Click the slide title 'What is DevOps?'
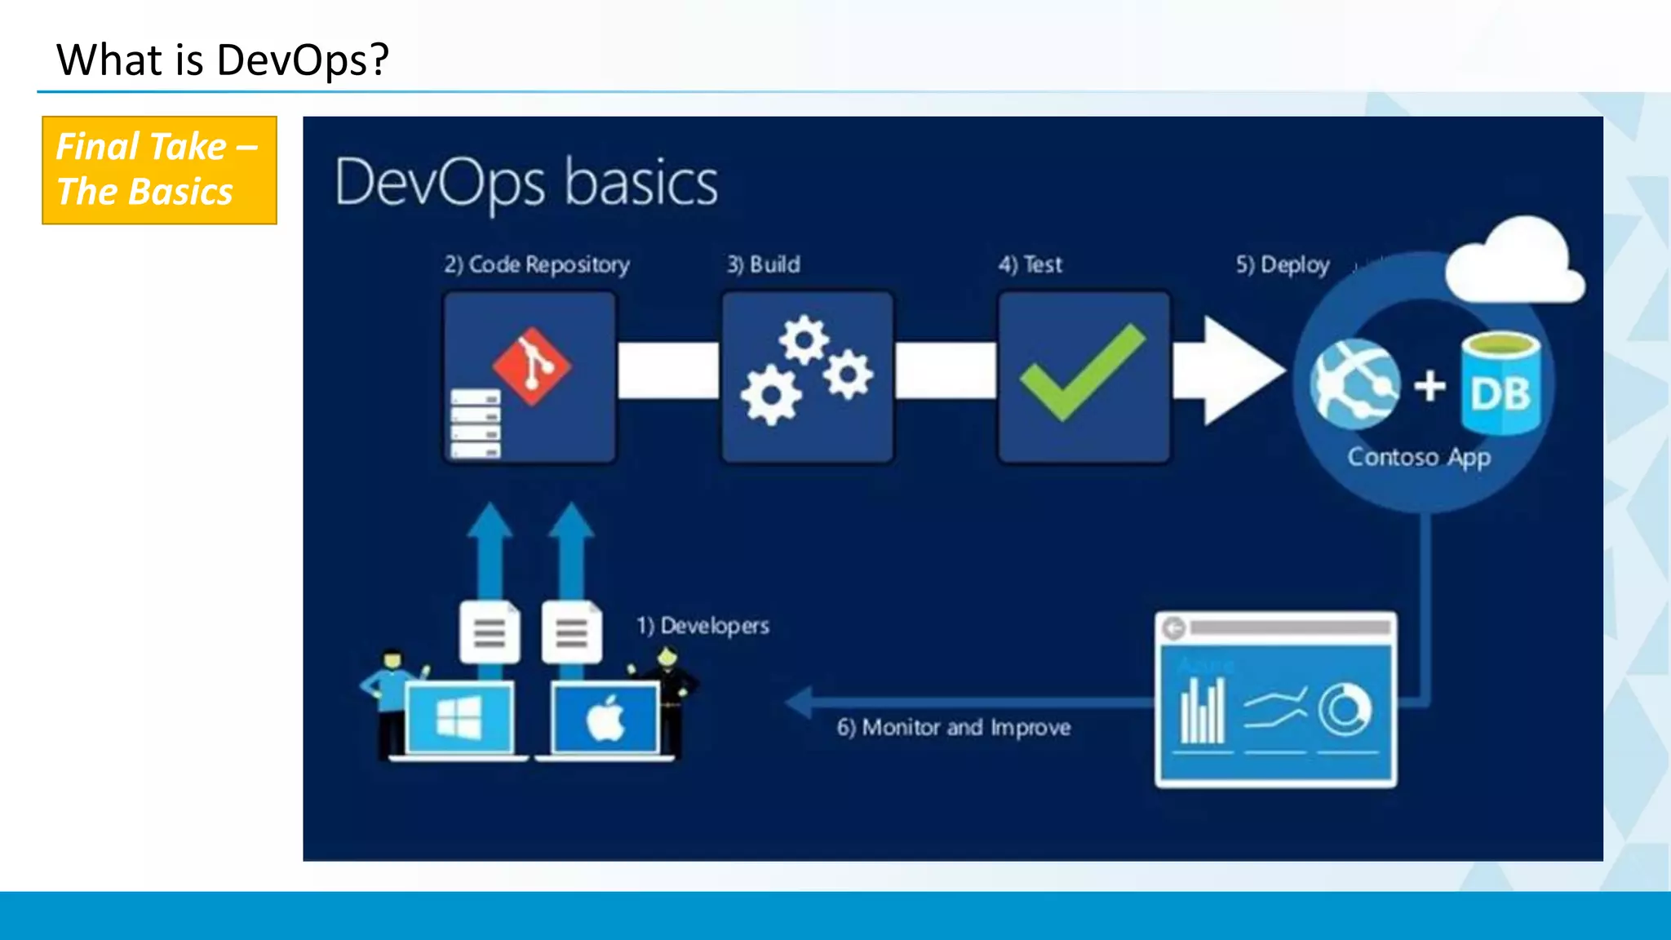222,60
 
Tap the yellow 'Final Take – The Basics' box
159,170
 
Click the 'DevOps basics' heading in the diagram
526,183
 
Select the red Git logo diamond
532,366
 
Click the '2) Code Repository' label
537,264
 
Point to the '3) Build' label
764,264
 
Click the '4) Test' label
1031,264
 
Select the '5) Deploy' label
1283,264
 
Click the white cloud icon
1516,261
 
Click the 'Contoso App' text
1419,457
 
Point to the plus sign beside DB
1429,385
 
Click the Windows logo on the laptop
459,718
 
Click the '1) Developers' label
703,626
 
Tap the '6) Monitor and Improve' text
953,727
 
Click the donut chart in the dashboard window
1345,710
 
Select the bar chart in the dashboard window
1203,712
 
